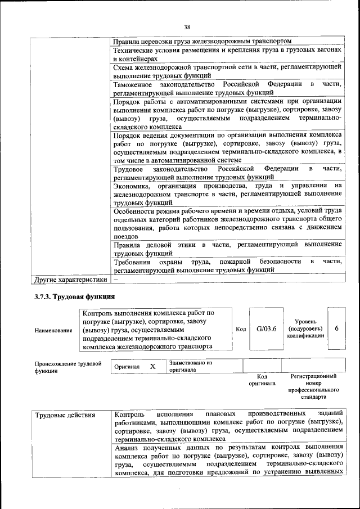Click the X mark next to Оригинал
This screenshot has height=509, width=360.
pyautogui.click(x=152, y=367)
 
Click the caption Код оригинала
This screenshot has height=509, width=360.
pyautogui.click(x=262, y=380)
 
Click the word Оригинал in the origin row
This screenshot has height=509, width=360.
pyautogui.click(x=127, y=367)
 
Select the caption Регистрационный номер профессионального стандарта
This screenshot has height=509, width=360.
pyautogui.click(x=313, y=386)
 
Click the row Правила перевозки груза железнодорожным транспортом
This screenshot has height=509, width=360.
pyautogui.click(x=202, y=42)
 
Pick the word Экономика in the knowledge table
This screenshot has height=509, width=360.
pyautogui.click(x=132, y=186)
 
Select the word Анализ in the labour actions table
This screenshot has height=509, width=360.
pyautogui.click(x=126, y=448)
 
